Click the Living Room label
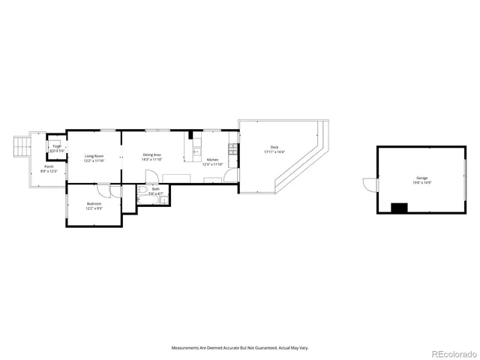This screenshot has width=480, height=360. [x=94, y=155]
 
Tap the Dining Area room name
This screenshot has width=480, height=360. [x=152, y=155]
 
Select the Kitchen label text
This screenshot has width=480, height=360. [x=212, y=160]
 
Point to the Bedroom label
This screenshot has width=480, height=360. [x=94, y=203]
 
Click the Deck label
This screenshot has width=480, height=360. [x=274, y=147]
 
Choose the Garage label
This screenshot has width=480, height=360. [x=421, y=178]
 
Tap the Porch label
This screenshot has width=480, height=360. [x=49, y=166]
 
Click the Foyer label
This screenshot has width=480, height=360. [x=57, y=146]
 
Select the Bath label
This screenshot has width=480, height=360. [x=155, y=189]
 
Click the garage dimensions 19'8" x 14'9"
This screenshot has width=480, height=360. [x=421, y=182]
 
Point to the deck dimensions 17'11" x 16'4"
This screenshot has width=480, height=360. [x=274, y=151]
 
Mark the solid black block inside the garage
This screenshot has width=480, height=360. [x=400, y=208]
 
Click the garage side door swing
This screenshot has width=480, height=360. [x=367, y=183]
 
